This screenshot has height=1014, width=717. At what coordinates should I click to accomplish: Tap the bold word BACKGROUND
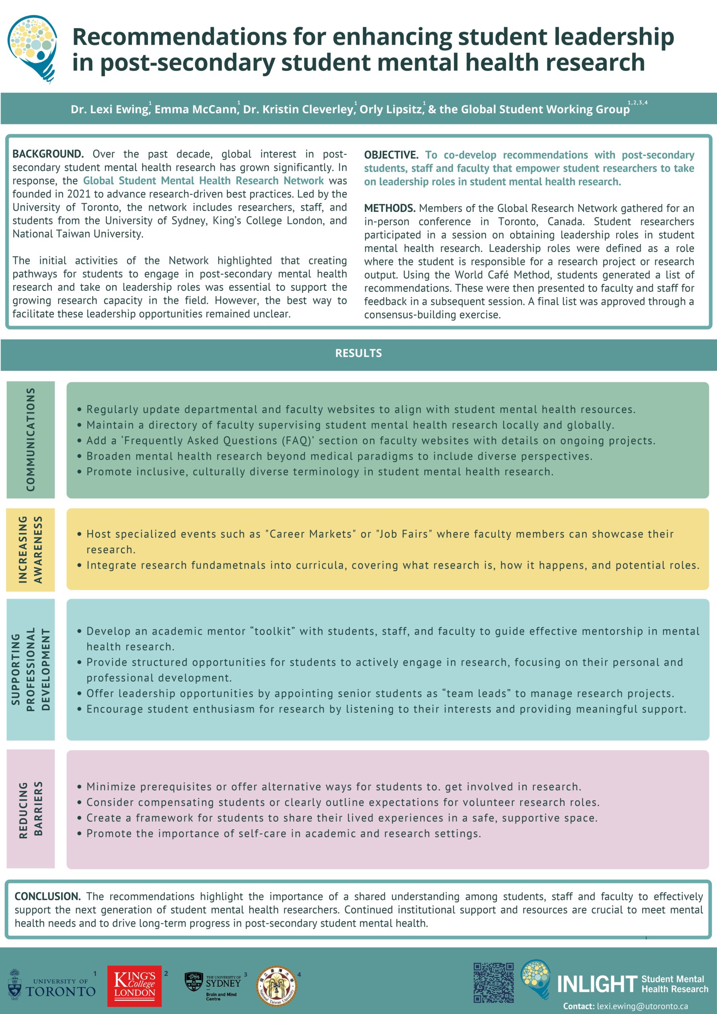click(48, 154)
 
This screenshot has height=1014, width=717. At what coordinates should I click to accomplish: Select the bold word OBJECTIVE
click(391, 155)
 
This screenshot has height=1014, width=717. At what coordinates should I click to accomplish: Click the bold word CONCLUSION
click(47, 896)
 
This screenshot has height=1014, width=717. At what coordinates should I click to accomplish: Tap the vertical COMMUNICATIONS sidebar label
click(30, 439)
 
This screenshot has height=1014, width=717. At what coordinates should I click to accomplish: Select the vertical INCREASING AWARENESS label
click(30, 549)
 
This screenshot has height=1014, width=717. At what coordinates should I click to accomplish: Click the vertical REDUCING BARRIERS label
click(30, 810)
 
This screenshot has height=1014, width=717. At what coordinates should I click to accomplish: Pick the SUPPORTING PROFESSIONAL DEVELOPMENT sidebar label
click(30, 669)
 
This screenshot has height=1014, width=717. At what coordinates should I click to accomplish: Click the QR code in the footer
click(493, 982)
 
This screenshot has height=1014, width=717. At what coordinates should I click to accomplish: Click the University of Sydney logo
click(213, 985)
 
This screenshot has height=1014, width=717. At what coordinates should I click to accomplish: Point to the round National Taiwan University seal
click(276, 986)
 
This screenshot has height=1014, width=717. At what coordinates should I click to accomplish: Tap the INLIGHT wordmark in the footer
click(597, 984)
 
